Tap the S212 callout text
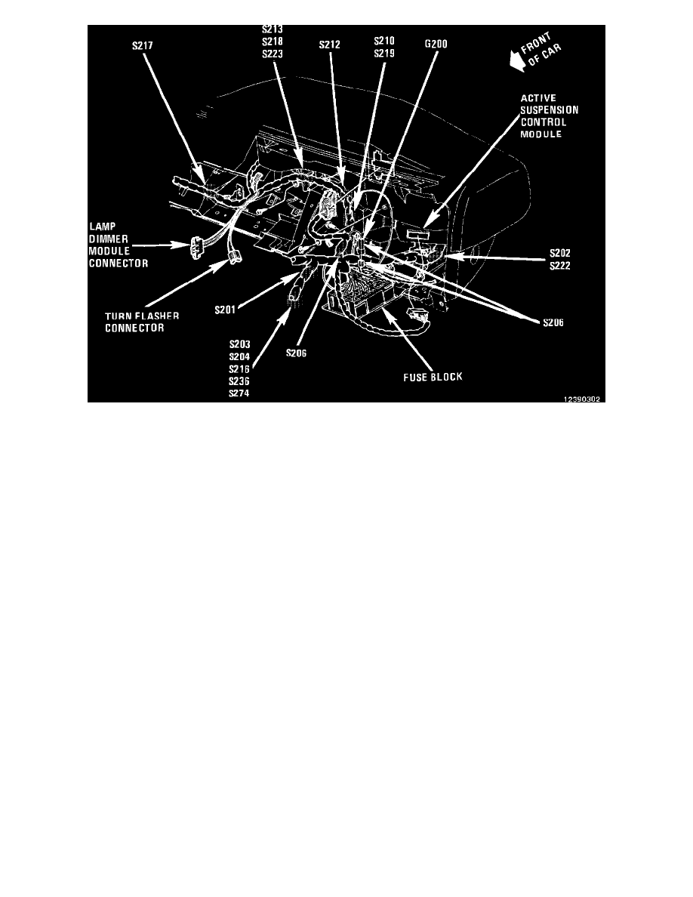[x=329, y=45]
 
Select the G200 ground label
[x=436, y=45]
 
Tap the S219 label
[x=384, y=54]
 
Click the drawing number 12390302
[x=581, y=399]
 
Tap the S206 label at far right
[x=556, y=322]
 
